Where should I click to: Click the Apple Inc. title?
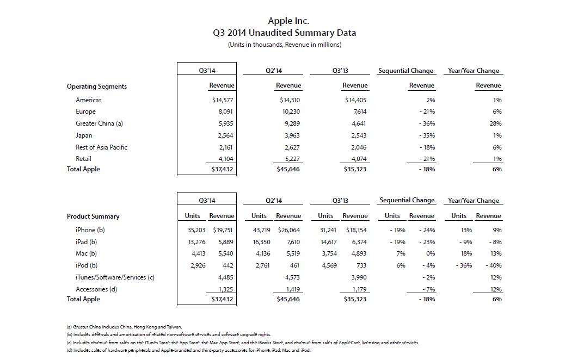pyautogui.click(x=288, y=21)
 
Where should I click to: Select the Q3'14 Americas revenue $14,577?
pyautogui.click(x=223, y=100)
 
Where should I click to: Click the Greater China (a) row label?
pyautogui.click(x=99, y=123)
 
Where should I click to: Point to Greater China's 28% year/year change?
pyautogui.click(x=495, y=123)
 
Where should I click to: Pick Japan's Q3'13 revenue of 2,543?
pyautogui.click(x=359, y=135)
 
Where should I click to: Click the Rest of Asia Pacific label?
pyautogui.click(x=101, y=147)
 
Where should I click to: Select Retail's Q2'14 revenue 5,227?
pyautogui.click(x=292, y=159)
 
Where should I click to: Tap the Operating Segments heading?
pyautogui.click(x=97, y=86)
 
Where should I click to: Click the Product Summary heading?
pyautogui.click(x=93, y=216)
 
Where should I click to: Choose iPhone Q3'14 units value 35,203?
pyautogui.click(x=196, y=230)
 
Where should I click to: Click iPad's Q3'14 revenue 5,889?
pyautogui.click(x=226, y=242)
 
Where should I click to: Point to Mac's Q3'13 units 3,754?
pyautogui.click(x=329, y=253)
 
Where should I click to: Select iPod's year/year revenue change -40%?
pyautogui.click(x=494, y=265)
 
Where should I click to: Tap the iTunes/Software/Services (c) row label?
pyautogui.click(x=115, y=277)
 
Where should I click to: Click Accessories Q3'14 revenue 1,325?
pyautogui.click(x=226, y=289)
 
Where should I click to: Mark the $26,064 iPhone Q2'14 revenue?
pyautogui.click(x=288, y=230)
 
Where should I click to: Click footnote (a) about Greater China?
pyautogui.click(x=125, y=327)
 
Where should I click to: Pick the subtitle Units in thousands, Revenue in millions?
pyautogui.click(x=285, y=45)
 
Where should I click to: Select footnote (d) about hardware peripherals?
pyautogui.click(x=188, y=350)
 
